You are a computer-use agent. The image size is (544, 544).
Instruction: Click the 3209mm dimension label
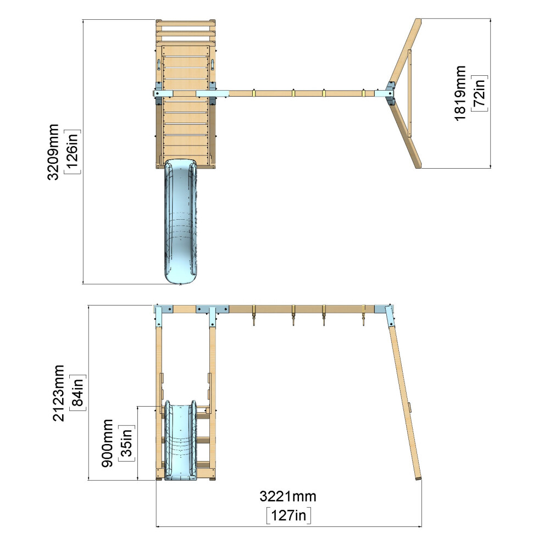53,152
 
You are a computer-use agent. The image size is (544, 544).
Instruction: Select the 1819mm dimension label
460,93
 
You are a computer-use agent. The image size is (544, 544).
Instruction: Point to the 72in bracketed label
480,93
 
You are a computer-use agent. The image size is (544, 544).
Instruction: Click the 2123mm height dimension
58,393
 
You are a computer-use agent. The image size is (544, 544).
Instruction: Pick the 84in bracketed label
77,393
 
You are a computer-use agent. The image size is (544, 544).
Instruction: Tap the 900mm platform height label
107,443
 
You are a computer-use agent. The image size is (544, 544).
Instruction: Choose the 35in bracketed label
126,443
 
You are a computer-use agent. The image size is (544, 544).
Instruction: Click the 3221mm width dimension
288,497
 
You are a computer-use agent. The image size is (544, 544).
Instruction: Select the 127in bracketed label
288,515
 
